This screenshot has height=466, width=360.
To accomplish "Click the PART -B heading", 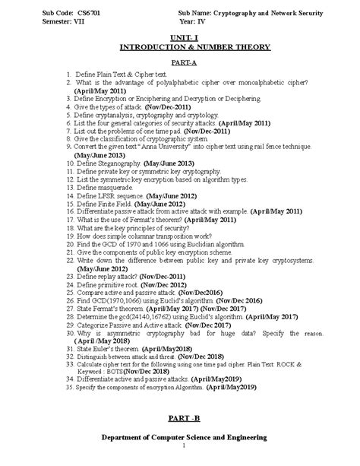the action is pos(179,420).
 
